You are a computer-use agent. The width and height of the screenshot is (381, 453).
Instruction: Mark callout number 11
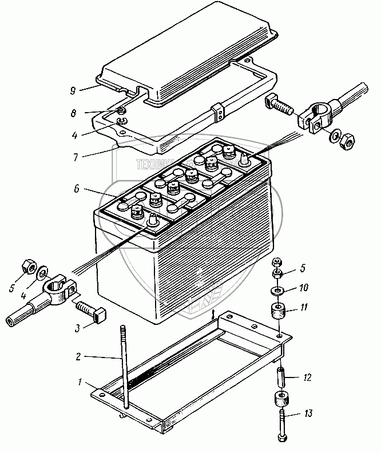coord(304,308)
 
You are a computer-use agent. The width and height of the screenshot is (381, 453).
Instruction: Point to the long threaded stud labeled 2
coord(124,366)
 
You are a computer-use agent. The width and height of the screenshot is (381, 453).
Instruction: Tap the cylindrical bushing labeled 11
coord(278,313)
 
